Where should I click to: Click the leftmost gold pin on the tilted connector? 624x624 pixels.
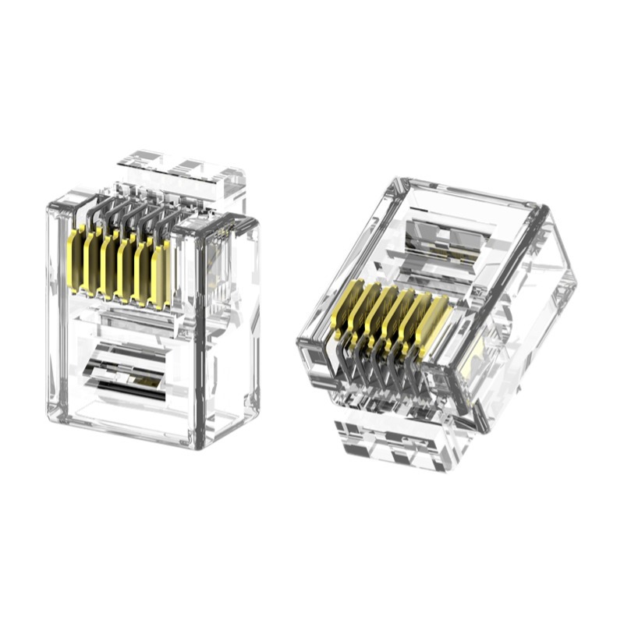coord(346,309)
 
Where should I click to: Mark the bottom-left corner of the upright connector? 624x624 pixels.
coord(51,414)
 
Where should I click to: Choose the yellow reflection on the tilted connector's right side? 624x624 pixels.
coord(475,363)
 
